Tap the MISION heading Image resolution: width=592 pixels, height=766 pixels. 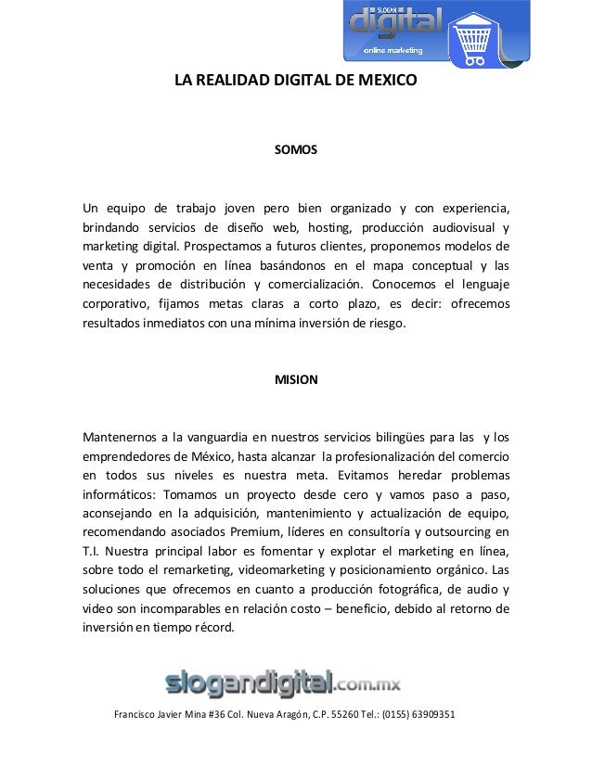296,380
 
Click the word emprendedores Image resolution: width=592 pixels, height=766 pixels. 132,457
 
